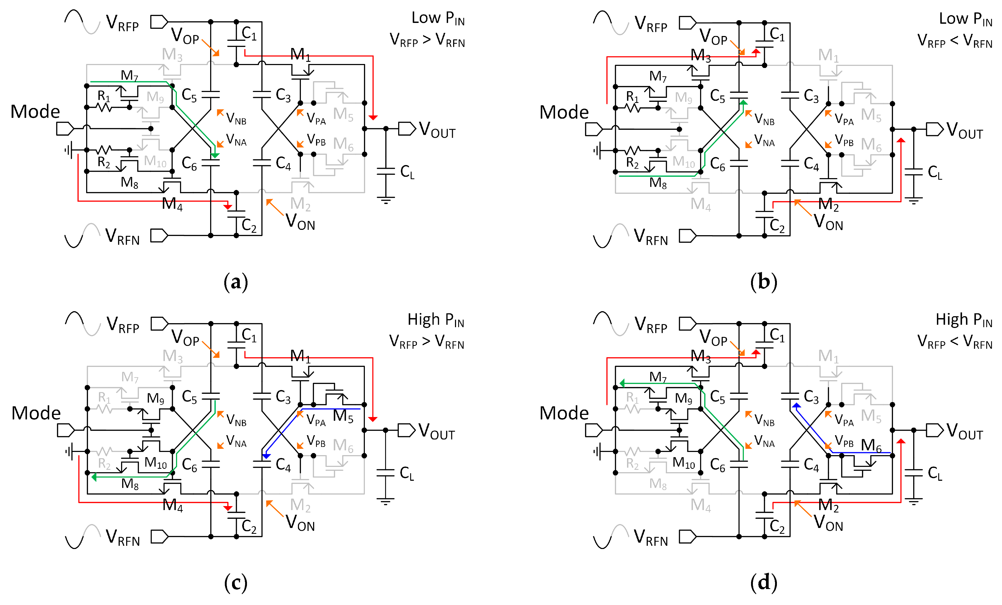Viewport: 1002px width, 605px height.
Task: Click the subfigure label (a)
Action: [x=235, y=282]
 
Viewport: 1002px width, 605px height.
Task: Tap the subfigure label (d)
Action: [x=763, y=582]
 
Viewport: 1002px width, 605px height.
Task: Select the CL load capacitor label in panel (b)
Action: [x=935, y=173]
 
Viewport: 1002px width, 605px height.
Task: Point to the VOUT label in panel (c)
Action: [x=436, y=431]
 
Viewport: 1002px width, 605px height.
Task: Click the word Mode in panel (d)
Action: [x=564, y=413]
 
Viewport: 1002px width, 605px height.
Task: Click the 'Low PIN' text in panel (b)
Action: [x=965, y=19]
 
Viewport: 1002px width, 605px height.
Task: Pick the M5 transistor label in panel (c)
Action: [x=343, y=416]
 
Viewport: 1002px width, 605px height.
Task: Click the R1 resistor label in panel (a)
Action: [x=104, y=96]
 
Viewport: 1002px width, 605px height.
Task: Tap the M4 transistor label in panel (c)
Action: [x=172, y=505]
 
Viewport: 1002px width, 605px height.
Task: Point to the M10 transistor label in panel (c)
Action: [x=155, y=463]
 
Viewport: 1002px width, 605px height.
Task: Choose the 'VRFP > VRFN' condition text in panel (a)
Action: [x=427, y=40]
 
